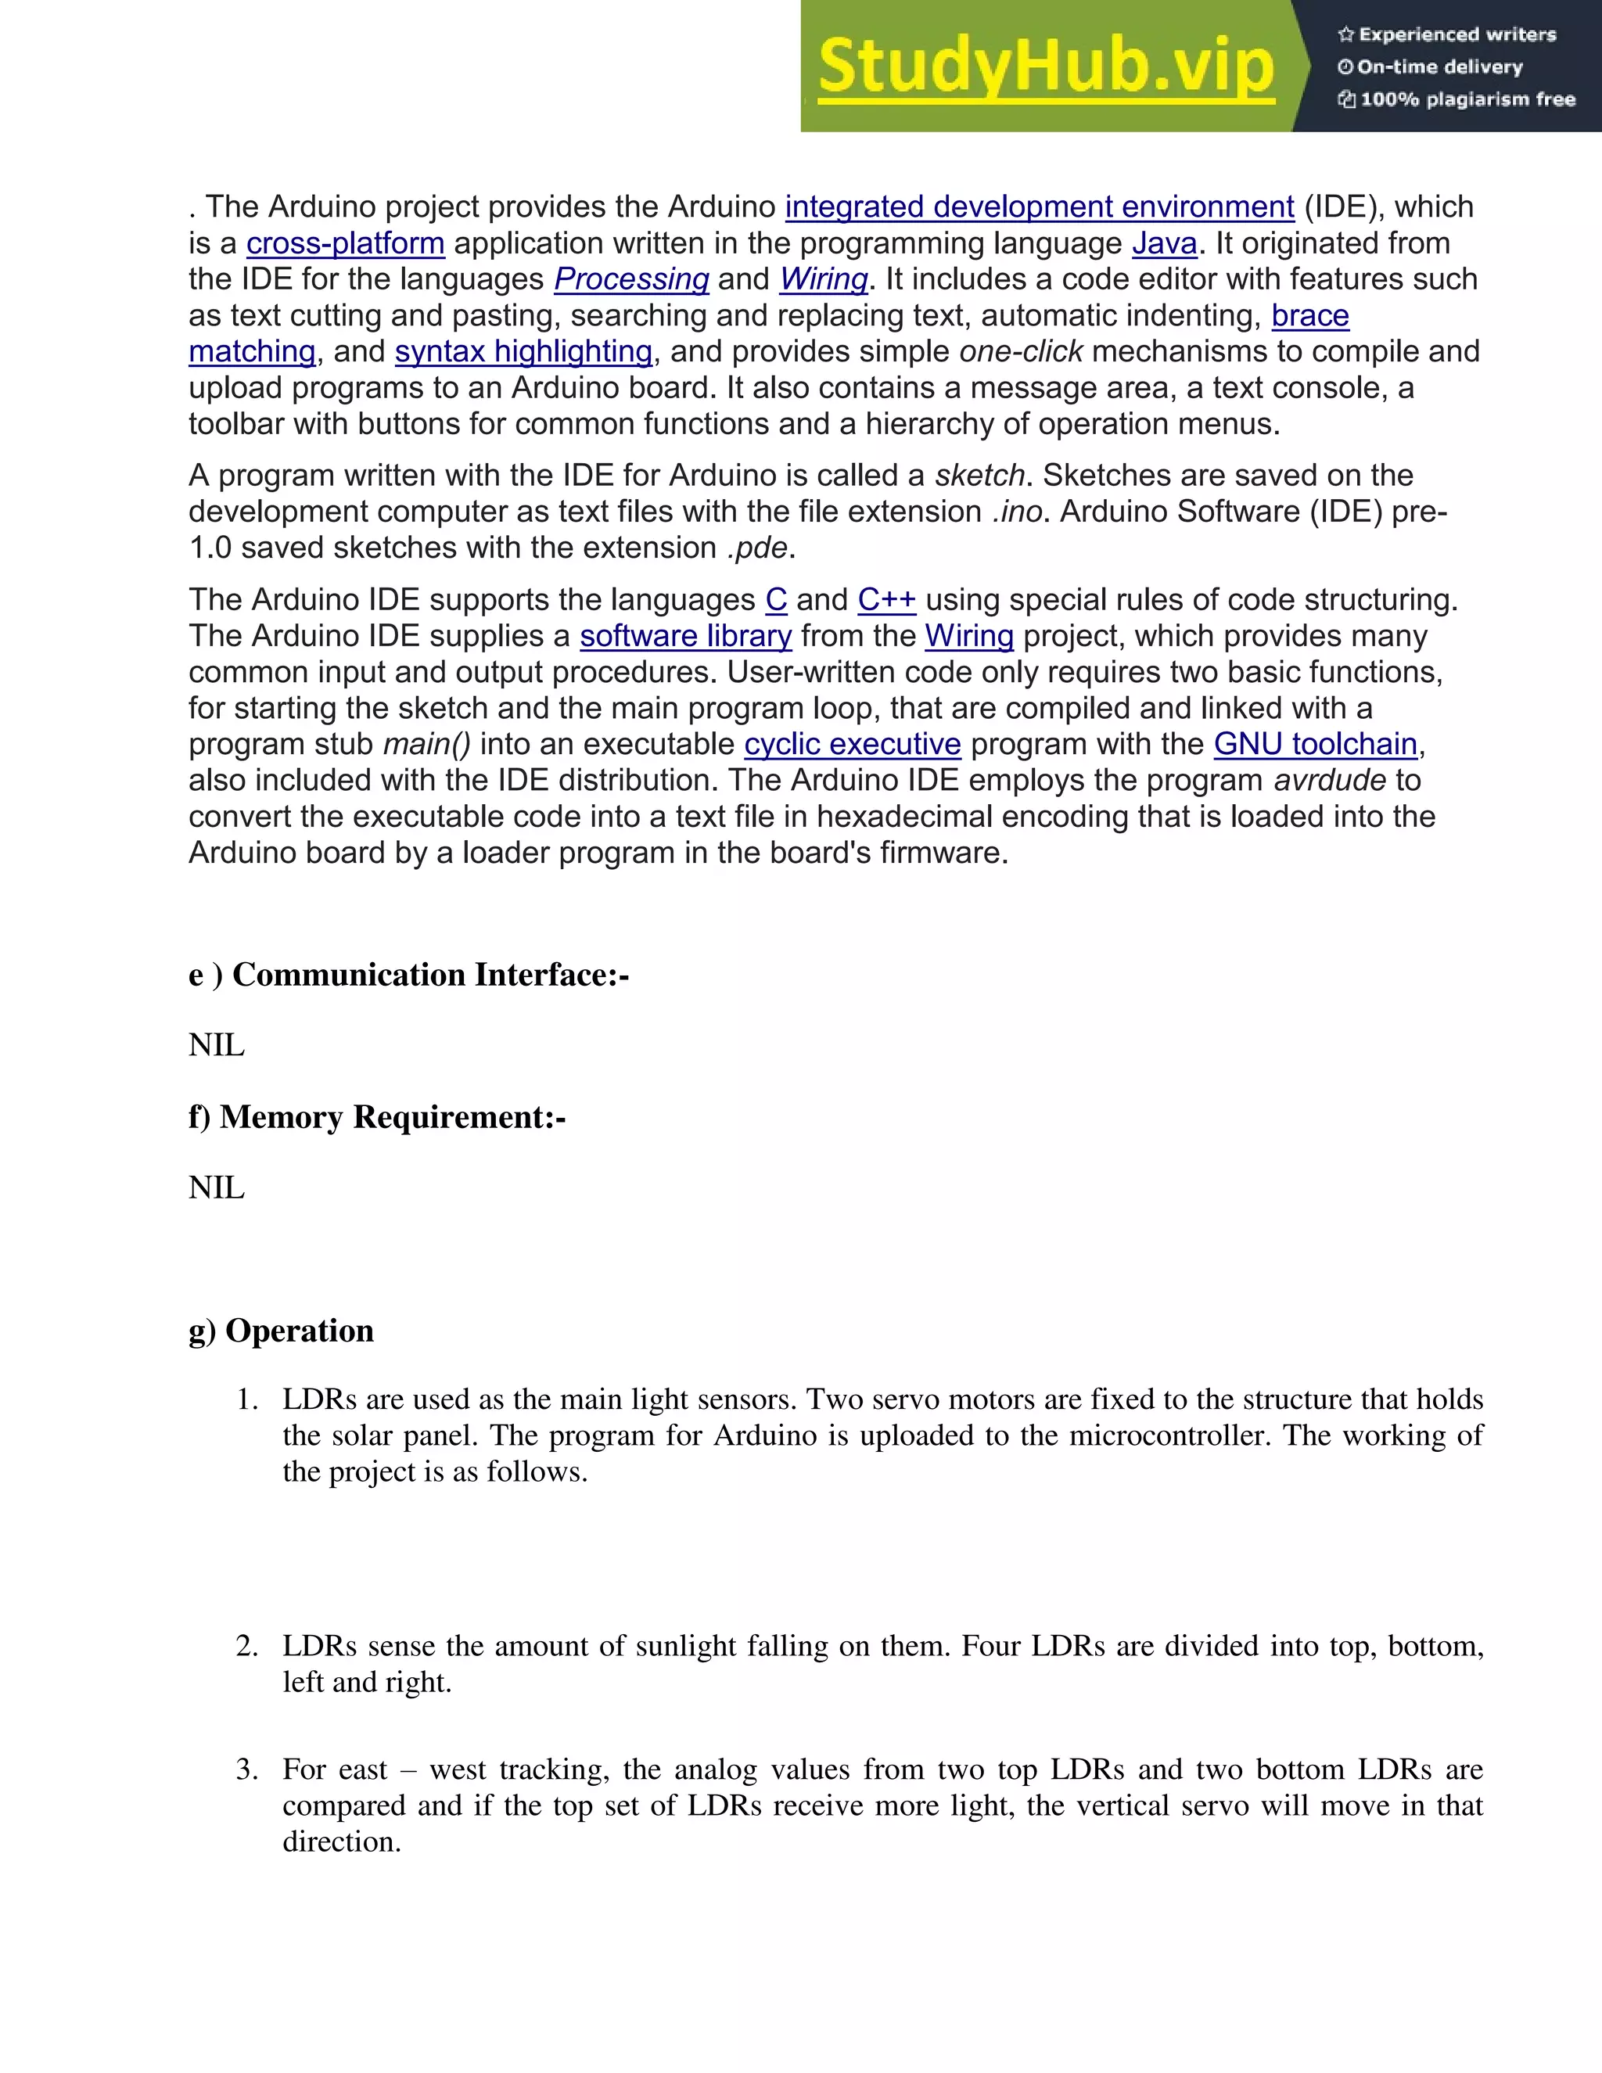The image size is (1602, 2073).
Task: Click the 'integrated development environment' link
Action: click(1040, 207)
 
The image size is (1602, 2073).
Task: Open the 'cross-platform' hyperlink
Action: click(346, 243)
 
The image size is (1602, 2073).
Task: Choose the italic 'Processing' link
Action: click(631, 279)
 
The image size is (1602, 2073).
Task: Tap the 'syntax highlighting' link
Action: click(524, 351)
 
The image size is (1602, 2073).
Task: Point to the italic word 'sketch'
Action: click(979, 475)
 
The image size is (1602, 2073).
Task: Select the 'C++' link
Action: click(886, 600)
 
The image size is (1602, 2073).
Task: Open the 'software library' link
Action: click(685, 636)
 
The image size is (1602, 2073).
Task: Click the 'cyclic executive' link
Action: click(853, 744)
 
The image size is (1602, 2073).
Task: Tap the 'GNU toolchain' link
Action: click(1316, 744)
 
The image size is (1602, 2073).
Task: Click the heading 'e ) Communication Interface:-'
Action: click(408, 975)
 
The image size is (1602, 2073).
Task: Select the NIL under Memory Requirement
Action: click(217, 1187)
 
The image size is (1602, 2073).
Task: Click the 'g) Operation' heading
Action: click(281, 1331)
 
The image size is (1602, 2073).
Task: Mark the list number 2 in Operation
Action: click(246, 1646)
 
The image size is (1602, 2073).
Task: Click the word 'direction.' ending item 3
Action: click(342, 1841)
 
